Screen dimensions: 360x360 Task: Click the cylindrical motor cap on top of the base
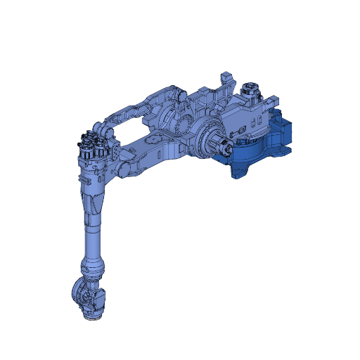248,90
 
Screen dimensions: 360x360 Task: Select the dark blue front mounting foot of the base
239,171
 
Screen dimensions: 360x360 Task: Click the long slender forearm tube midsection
94,236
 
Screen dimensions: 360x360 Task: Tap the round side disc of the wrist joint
79,291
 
